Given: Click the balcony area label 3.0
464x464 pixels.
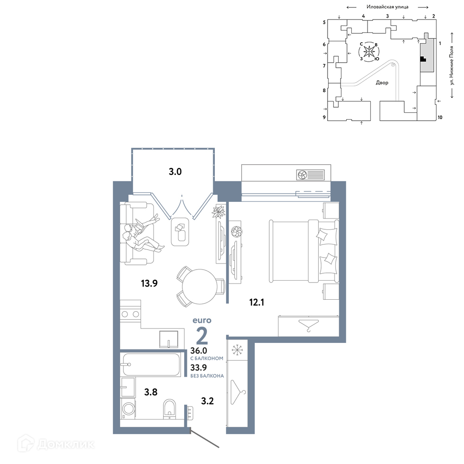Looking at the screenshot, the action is [x=175, y=172].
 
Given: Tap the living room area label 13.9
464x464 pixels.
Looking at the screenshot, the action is [x=149, y=284].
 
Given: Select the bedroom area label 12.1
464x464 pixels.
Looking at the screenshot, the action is [x=257, y=303].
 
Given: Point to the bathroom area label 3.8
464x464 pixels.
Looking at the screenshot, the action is [x=151, y=392].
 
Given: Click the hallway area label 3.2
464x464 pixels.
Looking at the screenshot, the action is [x=207, y=401].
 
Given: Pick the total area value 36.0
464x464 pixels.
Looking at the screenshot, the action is [x=199, y=351].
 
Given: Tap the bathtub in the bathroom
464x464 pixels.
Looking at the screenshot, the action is [x=151, y=365].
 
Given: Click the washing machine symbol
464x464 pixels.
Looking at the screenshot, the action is [x=128, y=409].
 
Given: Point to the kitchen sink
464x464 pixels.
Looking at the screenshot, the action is [x=169, y=339].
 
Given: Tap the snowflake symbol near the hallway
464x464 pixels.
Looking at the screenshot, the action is [x=237, y=350].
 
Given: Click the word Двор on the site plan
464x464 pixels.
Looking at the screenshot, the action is [x=382, y=83].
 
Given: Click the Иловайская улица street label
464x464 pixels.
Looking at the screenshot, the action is [x=387, y=6].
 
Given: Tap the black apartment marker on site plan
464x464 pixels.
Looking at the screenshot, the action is [x=423, y=59].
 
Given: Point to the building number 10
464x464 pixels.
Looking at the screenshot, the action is [x=440, y=117].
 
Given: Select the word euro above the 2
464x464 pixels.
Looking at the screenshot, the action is [x=202, y=320].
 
